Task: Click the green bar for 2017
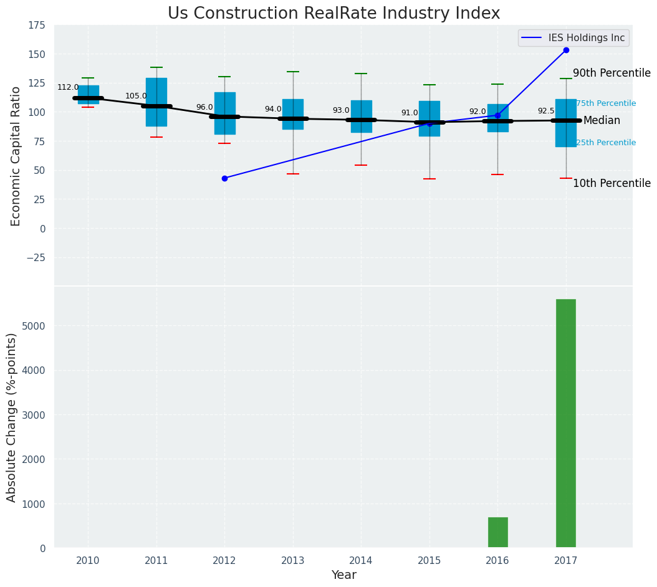point(565,424)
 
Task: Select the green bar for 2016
point(497,533)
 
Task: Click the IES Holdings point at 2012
point(224,178)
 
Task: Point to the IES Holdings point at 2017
point(566,50)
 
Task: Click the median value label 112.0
point(68,87)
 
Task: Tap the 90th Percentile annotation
point(611,73)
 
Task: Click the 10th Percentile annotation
point(611,183)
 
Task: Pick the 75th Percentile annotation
point(606,103)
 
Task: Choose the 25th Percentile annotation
point(606,143)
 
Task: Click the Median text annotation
point(602,120)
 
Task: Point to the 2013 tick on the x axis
point(293,561)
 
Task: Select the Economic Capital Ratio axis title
point(16,156)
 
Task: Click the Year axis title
point(343,575)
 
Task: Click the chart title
point(333,14)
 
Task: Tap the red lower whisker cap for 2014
point(361,165)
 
